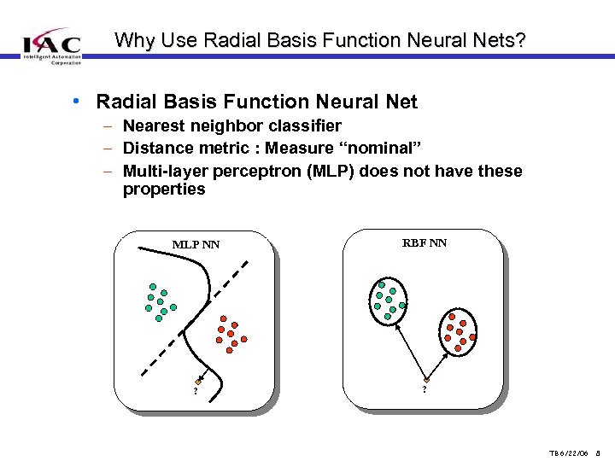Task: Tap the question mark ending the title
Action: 521,39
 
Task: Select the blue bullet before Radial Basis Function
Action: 77,102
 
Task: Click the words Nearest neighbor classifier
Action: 232,125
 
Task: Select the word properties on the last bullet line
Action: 164,190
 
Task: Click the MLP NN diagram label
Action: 196,245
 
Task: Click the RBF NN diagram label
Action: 425,243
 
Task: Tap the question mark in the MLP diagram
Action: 196,392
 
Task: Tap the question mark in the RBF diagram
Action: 425,391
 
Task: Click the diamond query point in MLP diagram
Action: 198,380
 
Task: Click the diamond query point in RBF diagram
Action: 425,380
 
